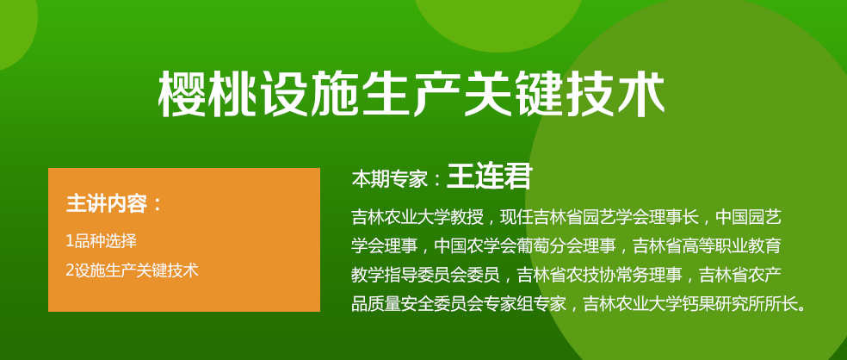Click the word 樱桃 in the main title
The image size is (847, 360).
tap(207, 96)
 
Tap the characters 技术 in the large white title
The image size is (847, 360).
tap(614, 96)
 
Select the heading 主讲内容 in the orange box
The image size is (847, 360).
tap(107, 204)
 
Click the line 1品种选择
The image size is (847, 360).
tap(101, 241)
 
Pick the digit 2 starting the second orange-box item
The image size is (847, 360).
tap(69, 270)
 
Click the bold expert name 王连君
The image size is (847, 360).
tap(489, 177)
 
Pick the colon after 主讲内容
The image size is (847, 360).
tap(158, 205)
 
